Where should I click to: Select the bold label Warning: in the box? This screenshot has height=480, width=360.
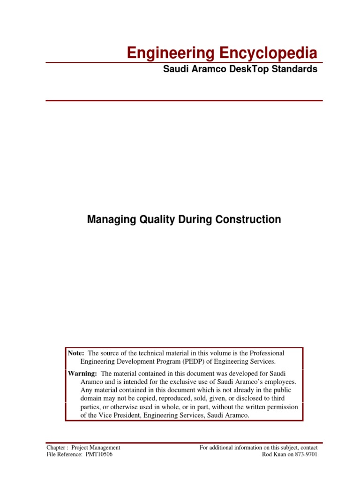point(82,373)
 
